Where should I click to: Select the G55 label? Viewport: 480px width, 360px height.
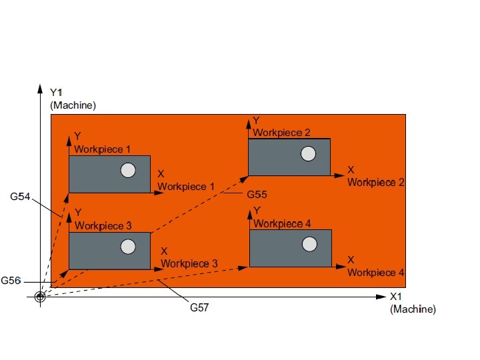257,195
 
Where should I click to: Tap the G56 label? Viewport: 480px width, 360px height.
11,281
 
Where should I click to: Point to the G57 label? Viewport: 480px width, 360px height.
199,307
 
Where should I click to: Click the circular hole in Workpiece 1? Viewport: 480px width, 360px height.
127,171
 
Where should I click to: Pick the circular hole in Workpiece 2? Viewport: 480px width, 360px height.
307,155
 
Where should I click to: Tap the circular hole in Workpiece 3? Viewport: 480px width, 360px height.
127,248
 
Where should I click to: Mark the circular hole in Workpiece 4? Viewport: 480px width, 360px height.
308,245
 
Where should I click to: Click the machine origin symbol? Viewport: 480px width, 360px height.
40,297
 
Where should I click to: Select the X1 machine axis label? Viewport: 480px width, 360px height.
397,297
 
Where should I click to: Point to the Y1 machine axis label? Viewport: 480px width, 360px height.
57,91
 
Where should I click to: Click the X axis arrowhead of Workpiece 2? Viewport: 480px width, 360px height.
339,176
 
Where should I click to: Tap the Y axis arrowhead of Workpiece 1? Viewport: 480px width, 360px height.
69,141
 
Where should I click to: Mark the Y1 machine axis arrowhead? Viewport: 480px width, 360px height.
40,89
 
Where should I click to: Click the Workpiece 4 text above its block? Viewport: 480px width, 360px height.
282,223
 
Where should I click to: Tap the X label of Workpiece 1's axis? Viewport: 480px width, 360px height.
161,174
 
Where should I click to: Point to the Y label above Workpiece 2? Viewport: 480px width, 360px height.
256,120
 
